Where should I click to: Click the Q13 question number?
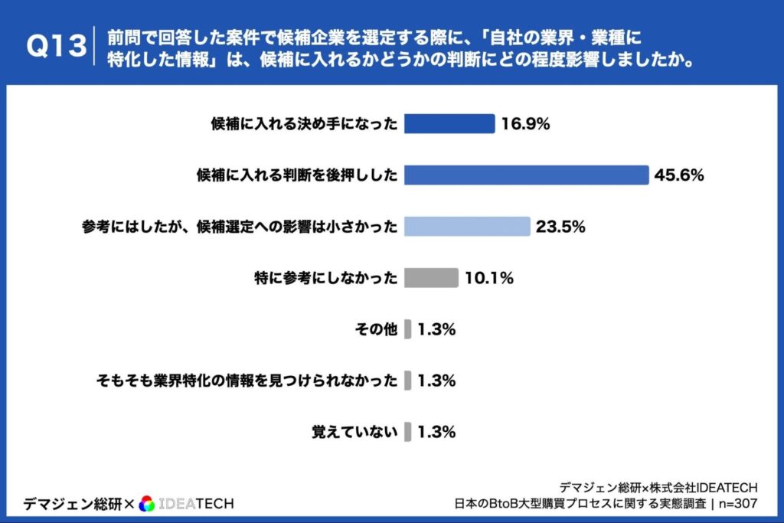55,47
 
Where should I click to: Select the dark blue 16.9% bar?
449,124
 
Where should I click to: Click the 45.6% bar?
526,175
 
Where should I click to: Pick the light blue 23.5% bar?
467,227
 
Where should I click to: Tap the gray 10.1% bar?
431,278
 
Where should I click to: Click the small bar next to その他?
408,329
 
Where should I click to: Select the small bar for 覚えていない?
408,432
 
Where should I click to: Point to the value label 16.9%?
526,124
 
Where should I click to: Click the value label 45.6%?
679,175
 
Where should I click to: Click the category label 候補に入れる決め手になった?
304,124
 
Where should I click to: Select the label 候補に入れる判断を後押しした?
297,175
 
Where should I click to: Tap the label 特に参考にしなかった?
325,278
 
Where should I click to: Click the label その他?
376,329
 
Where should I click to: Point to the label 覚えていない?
354,432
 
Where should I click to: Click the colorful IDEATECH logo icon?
147,503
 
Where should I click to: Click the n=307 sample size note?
737,504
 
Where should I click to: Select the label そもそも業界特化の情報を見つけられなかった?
247,381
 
